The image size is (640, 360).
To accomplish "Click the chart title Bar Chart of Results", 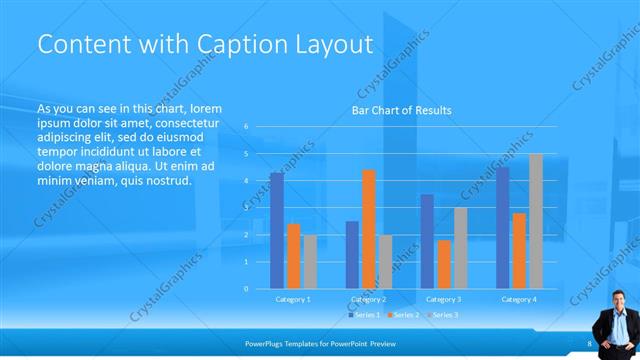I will tap(400, 110).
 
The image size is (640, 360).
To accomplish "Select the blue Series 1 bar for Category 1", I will tap(277, 230).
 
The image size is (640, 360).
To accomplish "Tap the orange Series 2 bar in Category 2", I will tap(369, 229).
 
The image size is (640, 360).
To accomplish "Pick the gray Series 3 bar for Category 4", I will tap(536, 221).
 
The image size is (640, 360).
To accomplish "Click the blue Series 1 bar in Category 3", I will tap(427, 241).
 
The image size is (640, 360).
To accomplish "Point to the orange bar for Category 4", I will tap(519, 250).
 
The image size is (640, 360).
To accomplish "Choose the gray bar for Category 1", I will tap(310, 261).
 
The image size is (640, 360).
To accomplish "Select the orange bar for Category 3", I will tap(444, 264).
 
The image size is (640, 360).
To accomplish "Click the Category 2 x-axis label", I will tap(368, 299).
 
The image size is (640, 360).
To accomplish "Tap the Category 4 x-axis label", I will tap(518, 299).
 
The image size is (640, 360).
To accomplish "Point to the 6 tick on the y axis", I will tap(246, 127).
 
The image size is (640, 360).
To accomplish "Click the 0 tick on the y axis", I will tap(246, 289).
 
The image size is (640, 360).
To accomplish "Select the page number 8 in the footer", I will tap(589, 343).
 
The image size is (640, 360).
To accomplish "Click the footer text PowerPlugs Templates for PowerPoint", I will tap(311, 343).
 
